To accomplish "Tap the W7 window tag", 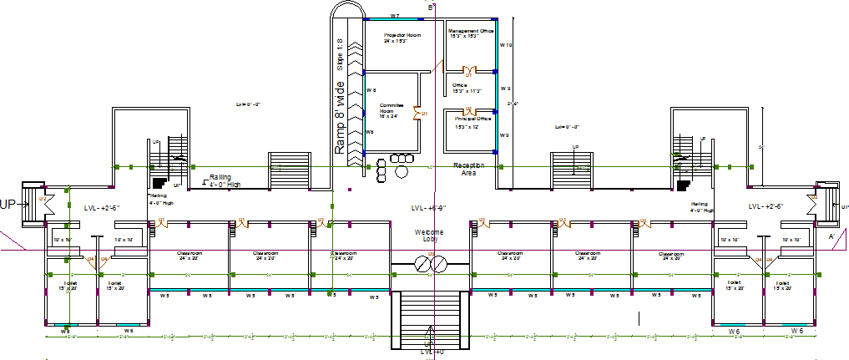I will (395, 17).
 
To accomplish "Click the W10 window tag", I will (505, 45).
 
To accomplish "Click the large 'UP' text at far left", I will (9, 204).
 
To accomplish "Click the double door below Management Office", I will (468, 71).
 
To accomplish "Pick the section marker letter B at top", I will (431, 8).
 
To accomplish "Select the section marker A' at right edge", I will (831, 237).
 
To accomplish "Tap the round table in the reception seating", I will (402, 170).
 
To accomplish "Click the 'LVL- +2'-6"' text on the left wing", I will (103, 207).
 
